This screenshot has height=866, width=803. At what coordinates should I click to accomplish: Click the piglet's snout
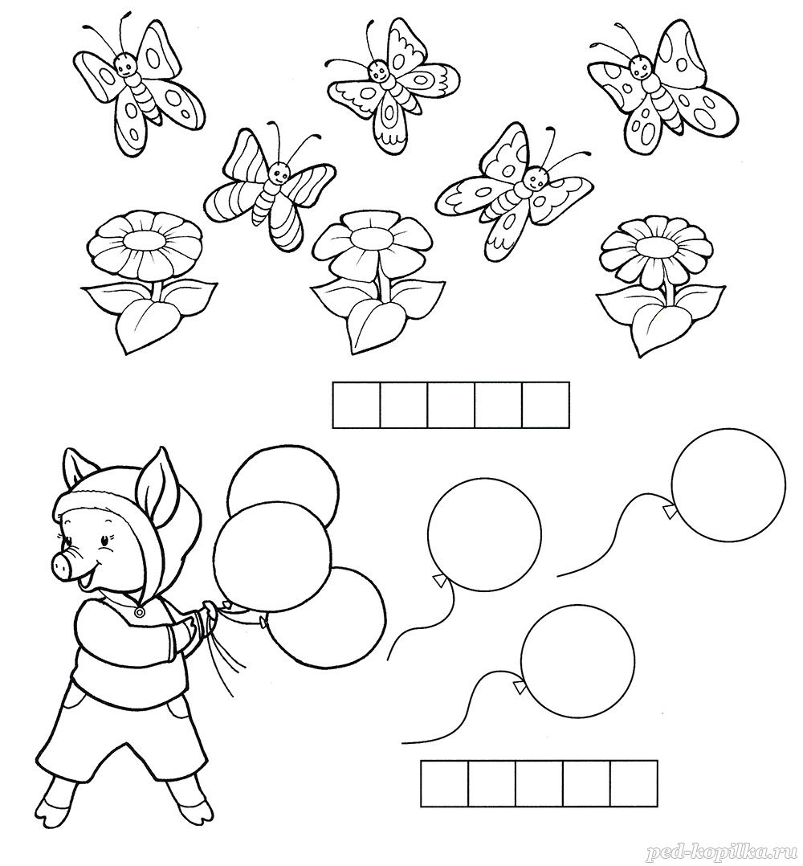pos(66,563)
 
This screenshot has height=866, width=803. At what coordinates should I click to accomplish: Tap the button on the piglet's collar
pos(140,612)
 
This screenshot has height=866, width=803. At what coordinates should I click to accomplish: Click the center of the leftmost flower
pos(145,240)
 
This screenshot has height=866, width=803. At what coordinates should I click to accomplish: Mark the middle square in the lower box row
pos(539,783)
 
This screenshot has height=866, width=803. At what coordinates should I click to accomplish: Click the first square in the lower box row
pos(445,783)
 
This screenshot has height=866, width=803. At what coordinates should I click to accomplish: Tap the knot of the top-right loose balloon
pos(670,512)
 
